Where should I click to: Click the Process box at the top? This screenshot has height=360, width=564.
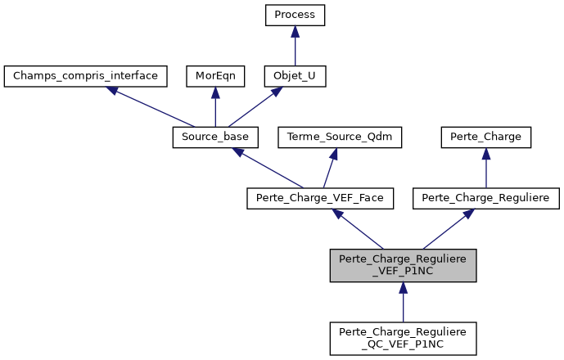[295, 16]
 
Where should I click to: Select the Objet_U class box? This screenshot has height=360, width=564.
[295, 77]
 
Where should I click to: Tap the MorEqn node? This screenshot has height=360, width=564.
[214, 77]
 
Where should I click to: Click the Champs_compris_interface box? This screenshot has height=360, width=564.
[86, 77]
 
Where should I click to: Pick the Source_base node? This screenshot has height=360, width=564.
[216, 137]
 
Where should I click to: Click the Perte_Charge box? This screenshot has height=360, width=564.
[486, 137]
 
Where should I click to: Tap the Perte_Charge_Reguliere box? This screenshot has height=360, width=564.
[486, 198]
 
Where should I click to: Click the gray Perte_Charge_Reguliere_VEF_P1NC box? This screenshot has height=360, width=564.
[403, 265]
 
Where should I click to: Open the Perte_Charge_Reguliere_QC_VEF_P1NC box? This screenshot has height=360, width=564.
[403, 338]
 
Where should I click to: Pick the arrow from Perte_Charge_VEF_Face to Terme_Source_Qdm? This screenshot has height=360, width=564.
[331, 168]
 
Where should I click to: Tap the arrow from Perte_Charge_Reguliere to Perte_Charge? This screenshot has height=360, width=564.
[486, 168]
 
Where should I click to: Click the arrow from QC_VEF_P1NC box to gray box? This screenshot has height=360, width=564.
[403, 302]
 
